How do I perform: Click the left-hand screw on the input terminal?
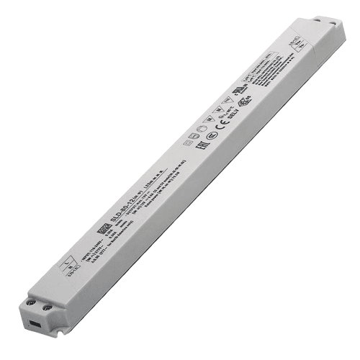(x=33, y=305)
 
